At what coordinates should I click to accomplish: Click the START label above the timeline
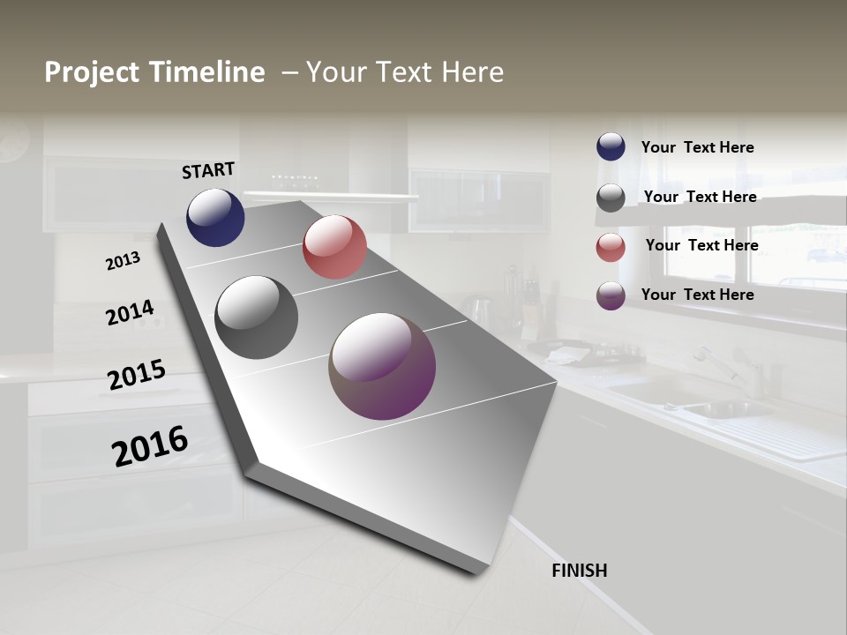[x=208, y=170]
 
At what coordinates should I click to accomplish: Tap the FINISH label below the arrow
[x=579, y=571]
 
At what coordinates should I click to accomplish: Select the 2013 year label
[x=123, y=261]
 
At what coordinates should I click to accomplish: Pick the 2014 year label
[x=130, y=313]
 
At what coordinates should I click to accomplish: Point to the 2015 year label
[x=137, y=375]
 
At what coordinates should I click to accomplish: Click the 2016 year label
[x=150, y=446]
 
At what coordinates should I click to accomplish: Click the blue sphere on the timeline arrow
[x=215, y=218]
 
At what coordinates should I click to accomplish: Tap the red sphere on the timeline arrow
[x=334, y=247]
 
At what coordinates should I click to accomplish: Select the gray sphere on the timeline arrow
[x=256, y=317]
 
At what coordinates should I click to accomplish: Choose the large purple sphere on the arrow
[x=382, y=366]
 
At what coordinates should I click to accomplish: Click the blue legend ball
[x=611, y=147]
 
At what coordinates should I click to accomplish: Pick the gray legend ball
[x=611, y=198]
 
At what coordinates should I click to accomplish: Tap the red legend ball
[x=611, y=247]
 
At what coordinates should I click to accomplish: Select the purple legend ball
[x=611, y=295]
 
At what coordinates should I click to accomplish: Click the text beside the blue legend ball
[x=697, y=147]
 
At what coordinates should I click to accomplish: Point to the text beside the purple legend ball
[x=697, y=295]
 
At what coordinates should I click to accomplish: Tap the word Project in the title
[x=92, y=72]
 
